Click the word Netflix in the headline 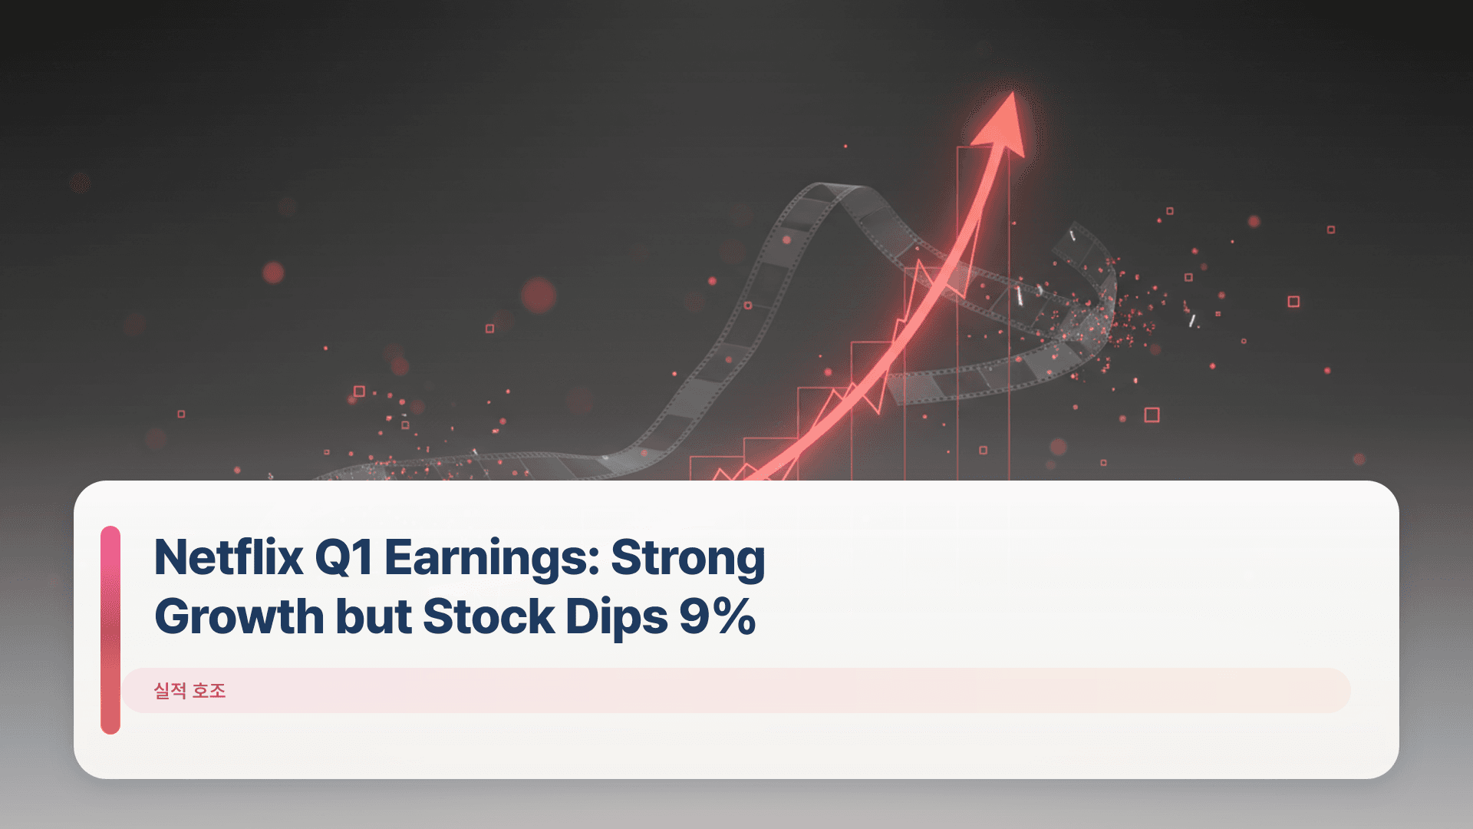[x=229, y=557]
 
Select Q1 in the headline [x=344, y=557]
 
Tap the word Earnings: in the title [x=492, y=557]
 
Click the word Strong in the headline [x=688, y=557]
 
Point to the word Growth [x=239, y=616]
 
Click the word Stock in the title [x=489, y=616]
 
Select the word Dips [x=616, y=616]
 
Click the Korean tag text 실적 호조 [x=189, y=691]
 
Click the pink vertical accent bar [x=110, y=629]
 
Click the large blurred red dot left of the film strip [x=539, y=295]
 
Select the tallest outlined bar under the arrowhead [x=983, y=307]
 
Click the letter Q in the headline [x=333, y=557]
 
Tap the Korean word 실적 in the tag [x=170, y=691]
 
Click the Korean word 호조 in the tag [x=209, y=691]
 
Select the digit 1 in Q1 [x=364, y=557]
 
